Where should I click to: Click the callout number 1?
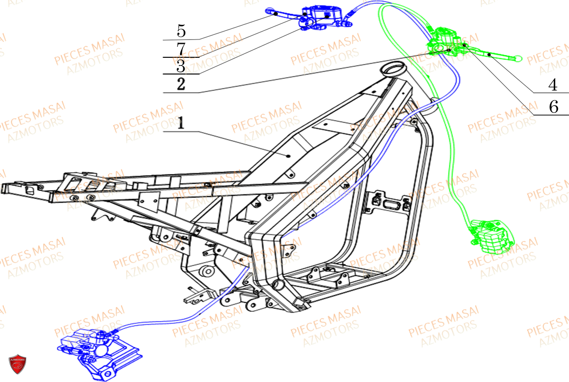[x=181, y=124]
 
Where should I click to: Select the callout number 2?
[x=181, y=85]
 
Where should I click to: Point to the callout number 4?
[x=552, y=85]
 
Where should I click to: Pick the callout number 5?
[x=181, y=31]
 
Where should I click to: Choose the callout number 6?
[x=553, y=107]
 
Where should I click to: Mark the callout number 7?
[x=181, y=49]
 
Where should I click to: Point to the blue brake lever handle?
[x=282, y=13]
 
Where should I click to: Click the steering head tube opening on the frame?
[x=394, y=70]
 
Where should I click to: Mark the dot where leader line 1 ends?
[x=289, y=156]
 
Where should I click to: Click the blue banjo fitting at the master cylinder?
[x=346, y=21]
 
